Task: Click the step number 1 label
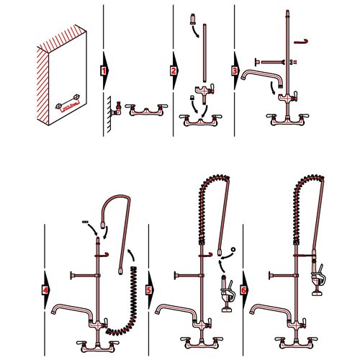104,71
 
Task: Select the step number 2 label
174,71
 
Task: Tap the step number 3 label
234,71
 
